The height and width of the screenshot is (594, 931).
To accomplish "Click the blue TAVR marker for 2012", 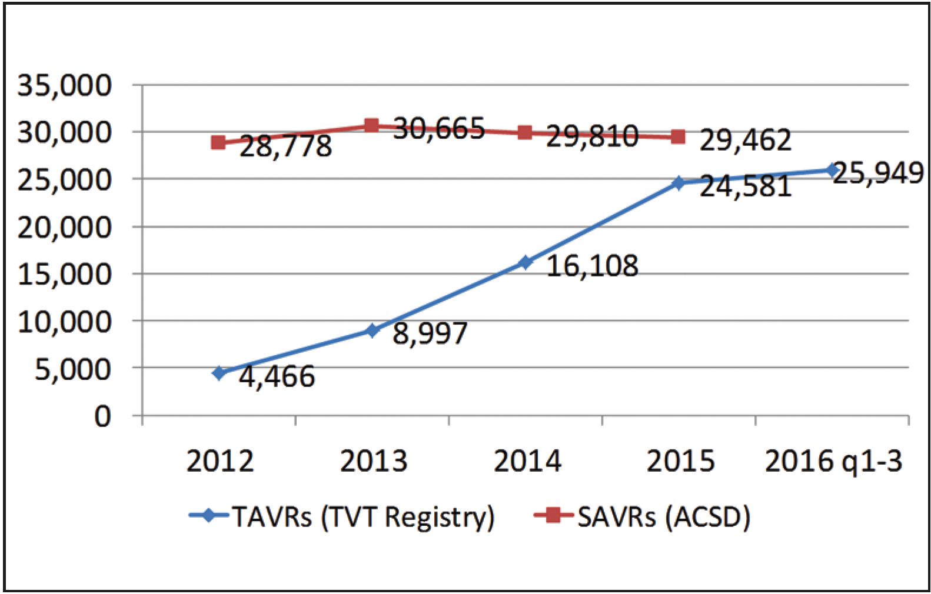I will [219, 373].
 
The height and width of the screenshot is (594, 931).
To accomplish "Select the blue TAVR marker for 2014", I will [526, 262].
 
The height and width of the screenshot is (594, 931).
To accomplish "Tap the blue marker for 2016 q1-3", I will [832, 170].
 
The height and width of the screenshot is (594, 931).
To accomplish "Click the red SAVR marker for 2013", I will [371, 125].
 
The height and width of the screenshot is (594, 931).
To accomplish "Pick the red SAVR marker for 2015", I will [678, 137].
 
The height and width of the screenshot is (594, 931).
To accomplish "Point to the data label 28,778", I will [286, 146].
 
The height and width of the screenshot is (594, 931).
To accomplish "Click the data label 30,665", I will [439, 129].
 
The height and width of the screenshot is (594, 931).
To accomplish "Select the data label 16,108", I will [592, 266].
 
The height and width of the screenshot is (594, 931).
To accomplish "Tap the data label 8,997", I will [430, 334].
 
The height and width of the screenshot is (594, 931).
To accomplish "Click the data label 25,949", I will [877, 173].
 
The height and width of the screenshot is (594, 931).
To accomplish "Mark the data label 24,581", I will [745, 187].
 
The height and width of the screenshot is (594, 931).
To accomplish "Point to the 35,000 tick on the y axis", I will [64, 86].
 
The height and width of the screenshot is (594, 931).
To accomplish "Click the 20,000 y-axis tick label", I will [64, 228].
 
